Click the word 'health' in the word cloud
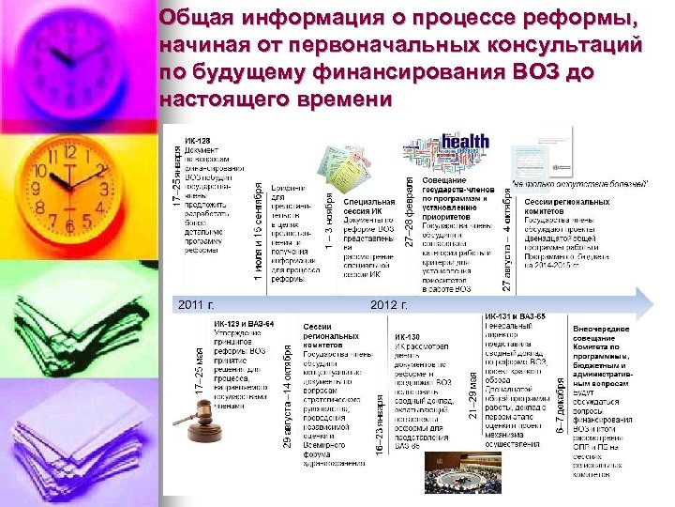click(467, 144)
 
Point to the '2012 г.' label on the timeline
click(389, 304)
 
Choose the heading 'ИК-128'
click(198, 141)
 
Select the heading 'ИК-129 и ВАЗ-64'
click(243, 324)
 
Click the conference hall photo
click(459, 473)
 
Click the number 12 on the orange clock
click(69, 152)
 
